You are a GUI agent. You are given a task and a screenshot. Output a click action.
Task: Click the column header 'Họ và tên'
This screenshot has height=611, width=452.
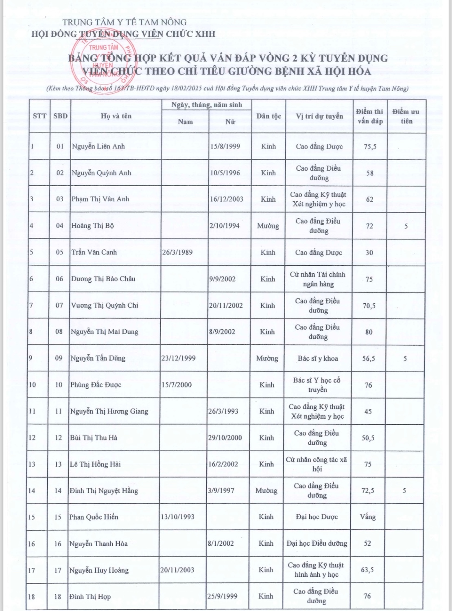pos(116,116)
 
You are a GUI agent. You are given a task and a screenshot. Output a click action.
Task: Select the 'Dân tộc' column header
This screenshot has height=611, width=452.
pos(269,116)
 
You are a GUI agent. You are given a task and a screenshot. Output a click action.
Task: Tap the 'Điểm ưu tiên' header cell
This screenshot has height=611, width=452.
pos(406,116)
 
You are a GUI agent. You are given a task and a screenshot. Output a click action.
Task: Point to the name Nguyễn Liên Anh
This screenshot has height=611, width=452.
pos(98,146)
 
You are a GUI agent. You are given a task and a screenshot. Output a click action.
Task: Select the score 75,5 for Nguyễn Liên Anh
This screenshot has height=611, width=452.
pos(370,147)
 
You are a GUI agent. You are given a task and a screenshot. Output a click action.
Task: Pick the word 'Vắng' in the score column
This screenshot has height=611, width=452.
pos(368,517)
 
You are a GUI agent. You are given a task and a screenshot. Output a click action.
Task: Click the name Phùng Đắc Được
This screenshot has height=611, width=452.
pos(96,385)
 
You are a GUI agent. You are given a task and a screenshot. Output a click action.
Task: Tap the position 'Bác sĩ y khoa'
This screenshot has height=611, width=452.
pos(318,358)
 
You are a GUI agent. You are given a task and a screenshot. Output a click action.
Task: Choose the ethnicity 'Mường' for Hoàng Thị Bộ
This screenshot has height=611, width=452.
pos(268,226)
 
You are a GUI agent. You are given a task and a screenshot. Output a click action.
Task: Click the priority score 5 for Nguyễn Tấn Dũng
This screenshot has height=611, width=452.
pos(405,358)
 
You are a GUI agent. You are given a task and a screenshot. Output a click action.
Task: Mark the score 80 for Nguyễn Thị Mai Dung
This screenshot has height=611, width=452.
pos(369,332)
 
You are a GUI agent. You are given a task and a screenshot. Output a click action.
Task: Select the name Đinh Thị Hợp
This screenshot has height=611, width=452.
pos(90,597)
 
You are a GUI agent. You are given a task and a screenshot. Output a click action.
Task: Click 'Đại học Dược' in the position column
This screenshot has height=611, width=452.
pos(317,517)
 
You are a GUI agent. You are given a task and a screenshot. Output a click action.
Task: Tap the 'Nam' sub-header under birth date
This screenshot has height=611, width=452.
pos(185,121)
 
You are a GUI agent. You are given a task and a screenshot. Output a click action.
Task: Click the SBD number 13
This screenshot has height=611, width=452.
pos(58,464)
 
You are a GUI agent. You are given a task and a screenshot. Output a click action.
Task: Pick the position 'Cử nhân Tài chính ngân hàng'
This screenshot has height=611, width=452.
pos(318,279)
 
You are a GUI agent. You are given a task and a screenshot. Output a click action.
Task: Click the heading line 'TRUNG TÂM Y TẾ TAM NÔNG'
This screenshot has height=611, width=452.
pos(124,22)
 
